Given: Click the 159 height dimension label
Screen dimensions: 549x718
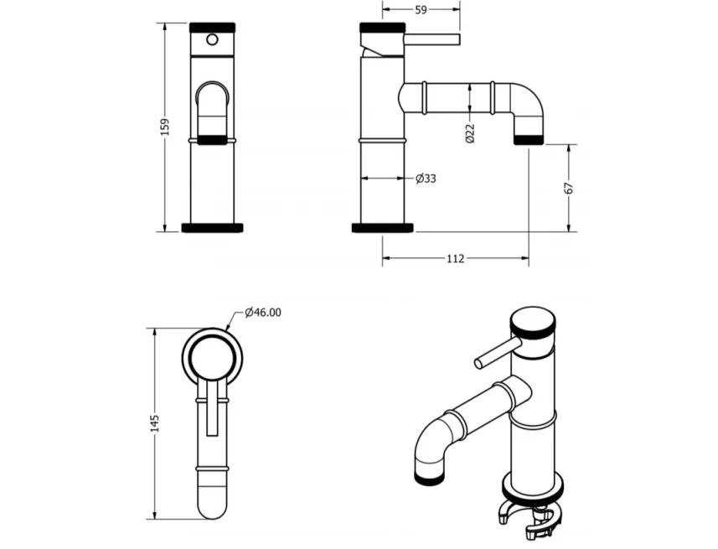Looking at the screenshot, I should point(165,127).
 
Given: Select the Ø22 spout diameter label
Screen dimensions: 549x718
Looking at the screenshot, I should point(470,132).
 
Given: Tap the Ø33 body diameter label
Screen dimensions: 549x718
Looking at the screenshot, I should point(426,179).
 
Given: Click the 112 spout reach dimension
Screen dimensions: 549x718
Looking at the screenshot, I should point(455,259).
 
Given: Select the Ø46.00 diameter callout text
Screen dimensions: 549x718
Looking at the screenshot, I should point(263,313).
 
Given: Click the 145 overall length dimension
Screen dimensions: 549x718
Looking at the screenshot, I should point(154,423).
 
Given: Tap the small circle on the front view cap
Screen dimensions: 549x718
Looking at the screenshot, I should point(212,39).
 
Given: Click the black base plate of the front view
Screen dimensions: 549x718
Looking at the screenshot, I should point(212,227).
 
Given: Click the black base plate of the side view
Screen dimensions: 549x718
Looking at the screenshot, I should point(383,227).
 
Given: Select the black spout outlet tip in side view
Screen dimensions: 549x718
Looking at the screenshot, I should point(528,139).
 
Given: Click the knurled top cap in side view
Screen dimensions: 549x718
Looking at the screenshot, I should point(383,27).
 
